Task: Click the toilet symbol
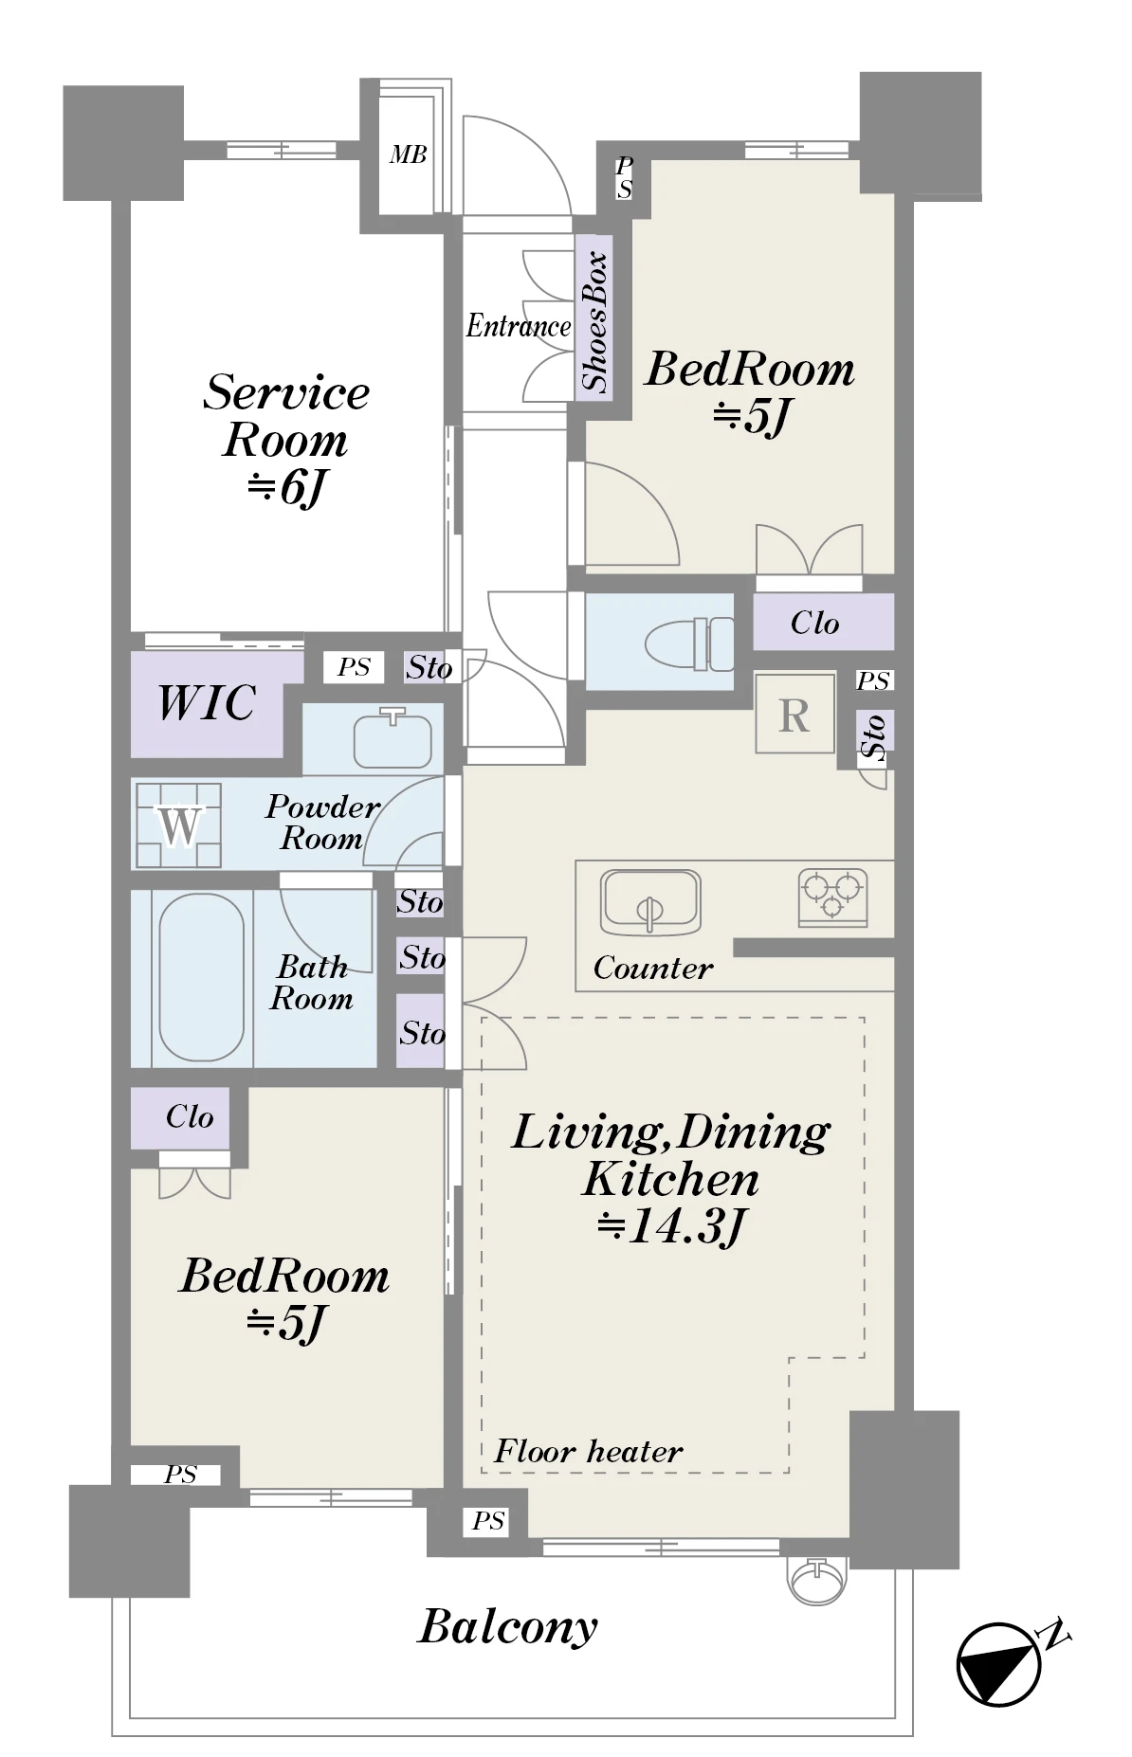689,643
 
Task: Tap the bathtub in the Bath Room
201,978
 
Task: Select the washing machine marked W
177,825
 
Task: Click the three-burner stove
832,897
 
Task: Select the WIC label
207,702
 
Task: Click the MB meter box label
408,154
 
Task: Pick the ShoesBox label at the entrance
594,320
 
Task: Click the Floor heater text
588,1451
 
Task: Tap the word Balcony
508,1627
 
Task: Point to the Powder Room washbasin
393,737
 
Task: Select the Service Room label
286,416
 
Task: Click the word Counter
653,968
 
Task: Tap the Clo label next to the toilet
815,623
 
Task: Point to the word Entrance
519,326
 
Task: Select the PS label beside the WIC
354,667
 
